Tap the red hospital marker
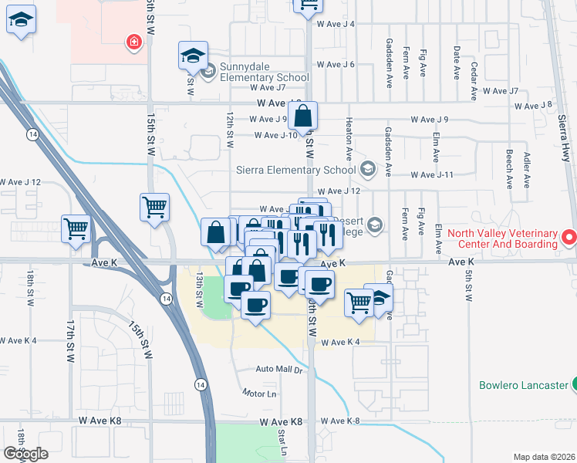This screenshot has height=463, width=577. tap(134, 42)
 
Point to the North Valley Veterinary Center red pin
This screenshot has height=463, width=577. tap(569, 237)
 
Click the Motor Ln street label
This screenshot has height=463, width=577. tap(259, 393)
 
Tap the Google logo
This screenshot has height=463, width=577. tap(25, 454)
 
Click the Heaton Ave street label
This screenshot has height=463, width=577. tap(349, 145)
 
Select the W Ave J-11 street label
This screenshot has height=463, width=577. tap(432, 175)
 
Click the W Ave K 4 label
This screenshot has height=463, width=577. tap(341, 342)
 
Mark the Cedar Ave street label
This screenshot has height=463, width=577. tap(474, 77)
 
